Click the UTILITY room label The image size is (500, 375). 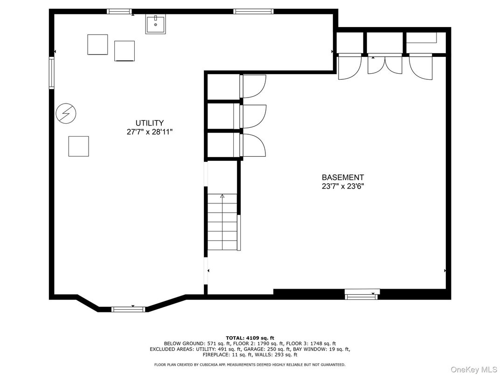tap(150, 123)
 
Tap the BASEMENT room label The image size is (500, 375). tap(343, 178)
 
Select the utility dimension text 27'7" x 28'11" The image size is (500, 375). tap(150, 132)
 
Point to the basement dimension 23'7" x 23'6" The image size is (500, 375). tap(343, 186)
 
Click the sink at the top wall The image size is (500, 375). tap(156, 24)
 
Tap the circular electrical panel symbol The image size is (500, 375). tap(66, 113)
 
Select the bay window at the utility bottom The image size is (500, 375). tap(129, 309)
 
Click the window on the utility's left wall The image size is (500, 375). tap(51, 73)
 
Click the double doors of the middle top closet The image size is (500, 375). tap(385, 65)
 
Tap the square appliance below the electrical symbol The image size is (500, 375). tap(79, 146)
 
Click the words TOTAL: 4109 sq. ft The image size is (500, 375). tap(250, 338)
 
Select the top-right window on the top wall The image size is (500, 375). tap(254, 12)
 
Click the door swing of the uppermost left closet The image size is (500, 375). tap(254, 86)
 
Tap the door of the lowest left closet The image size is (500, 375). tap(254, 145)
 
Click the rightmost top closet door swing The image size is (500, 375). tap(421, 67)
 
